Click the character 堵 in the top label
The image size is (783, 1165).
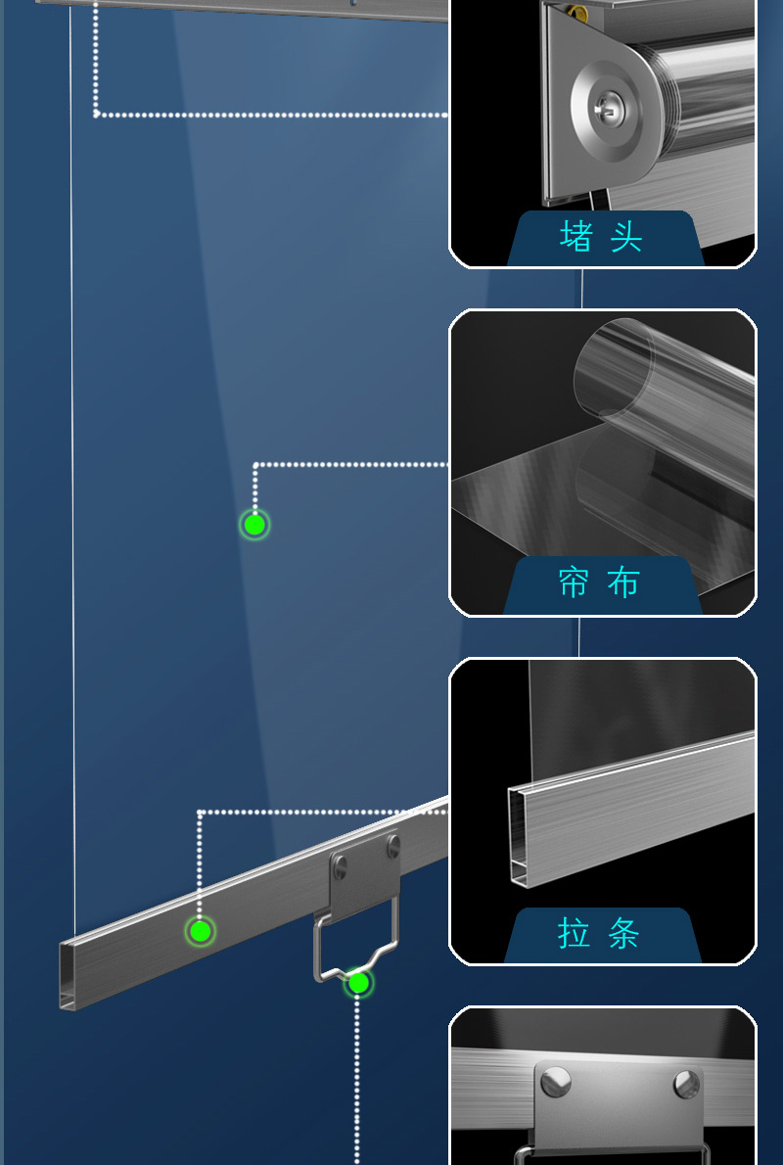pyautogui.click(x=576, y=236)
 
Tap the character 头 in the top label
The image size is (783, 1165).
pyautogui.click(x=625, y=236)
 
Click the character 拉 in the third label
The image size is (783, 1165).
pyautogui.click(x=574, y=932)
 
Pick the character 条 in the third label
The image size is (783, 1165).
pyautogui.click(x=623, y=932)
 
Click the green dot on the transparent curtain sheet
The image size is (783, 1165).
pyautogui.click(x=254, y=525)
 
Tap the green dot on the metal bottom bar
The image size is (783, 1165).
pyautogui.click(x=200, y=930)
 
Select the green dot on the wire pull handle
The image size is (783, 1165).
pyautogui.click(x=359, y=983)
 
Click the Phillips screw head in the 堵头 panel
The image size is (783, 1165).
pyautogui.click(x=608, y=112)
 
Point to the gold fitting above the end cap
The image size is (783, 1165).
pyautogui.click(x=575, y=12)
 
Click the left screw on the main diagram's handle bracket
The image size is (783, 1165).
pyautogui.click(x=341, y=865)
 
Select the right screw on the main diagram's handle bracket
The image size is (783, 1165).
pyautogui.click(x=393, y=845)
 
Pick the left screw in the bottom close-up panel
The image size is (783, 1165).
pyautogui.click(x=556, y=1082)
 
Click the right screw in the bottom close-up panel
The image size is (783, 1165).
pyautogui.click(x=687, y=1084)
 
